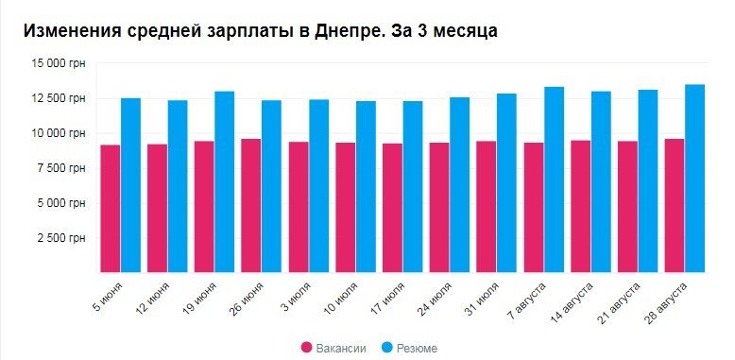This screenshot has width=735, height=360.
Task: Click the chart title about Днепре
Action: pos(260,30)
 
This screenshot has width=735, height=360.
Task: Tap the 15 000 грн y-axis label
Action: pos(59,63)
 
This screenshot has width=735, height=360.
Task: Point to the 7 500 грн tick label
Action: pos(61,168)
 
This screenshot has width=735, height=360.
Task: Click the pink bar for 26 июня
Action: pos(250,205)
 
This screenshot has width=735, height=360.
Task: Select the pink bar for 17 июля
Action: pos(391,208)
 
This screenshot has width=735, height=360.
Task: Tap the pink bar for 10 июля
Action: pos(345,207)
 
